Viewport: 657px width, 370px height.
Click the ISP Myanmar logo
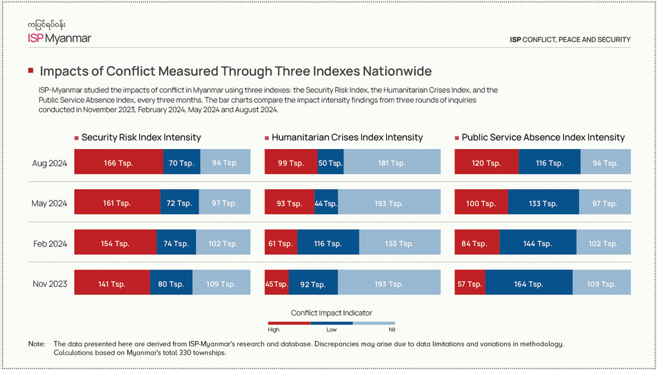pos(59,33)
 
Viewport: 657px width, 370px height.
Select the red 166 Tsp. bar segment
pos(118,162)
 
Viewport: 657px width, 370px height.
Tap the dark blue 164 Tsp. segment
pos(529,283)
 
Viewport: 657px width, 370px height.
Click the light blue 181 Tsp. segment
pos(392,162)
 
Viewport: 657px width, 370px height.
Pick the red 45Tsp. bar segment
pos(276,283)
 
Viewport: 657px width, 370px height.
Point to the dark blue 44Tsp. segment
pos(326,202)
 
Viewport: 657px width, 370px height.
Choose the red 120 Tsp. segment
pos(487,162)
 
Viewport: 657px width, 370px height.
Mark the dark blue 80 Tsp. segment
pos(171,283)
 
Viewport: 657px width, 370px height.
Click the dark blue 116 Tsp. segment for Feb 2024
pos(328,242)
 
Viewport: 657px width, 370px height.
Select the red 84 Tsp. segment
pos(476,242)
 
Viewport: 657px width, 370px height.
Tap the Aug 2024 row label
pos(50,163)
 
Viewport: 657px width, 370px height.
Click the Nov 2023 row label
pos(50,283)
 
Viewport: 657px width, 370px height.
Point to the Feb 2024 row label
pos(50,243)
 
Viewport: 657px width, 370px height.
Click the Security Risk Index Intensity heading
pos(141,137)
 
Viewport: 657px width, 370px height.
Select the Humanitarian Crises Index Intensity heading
pos(347,137)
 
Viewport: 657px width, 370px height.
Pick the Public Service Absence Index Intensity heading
pos(543,137)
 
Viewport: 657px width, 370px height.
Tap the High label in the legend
pos(273,330)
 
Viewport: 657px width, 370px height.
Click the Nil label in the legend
pos(391,330)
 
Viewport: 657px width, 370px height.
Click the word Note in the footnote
pos(36,343)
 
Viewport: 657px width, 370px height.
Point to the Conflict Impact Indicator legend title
pos(331,313)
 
